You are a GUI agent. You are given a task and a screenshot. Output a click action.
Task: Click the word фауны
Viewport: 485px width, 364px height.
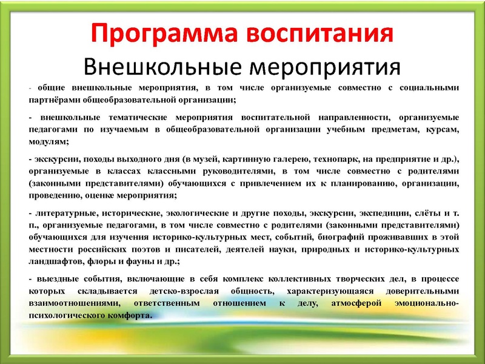pos(144,261)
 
